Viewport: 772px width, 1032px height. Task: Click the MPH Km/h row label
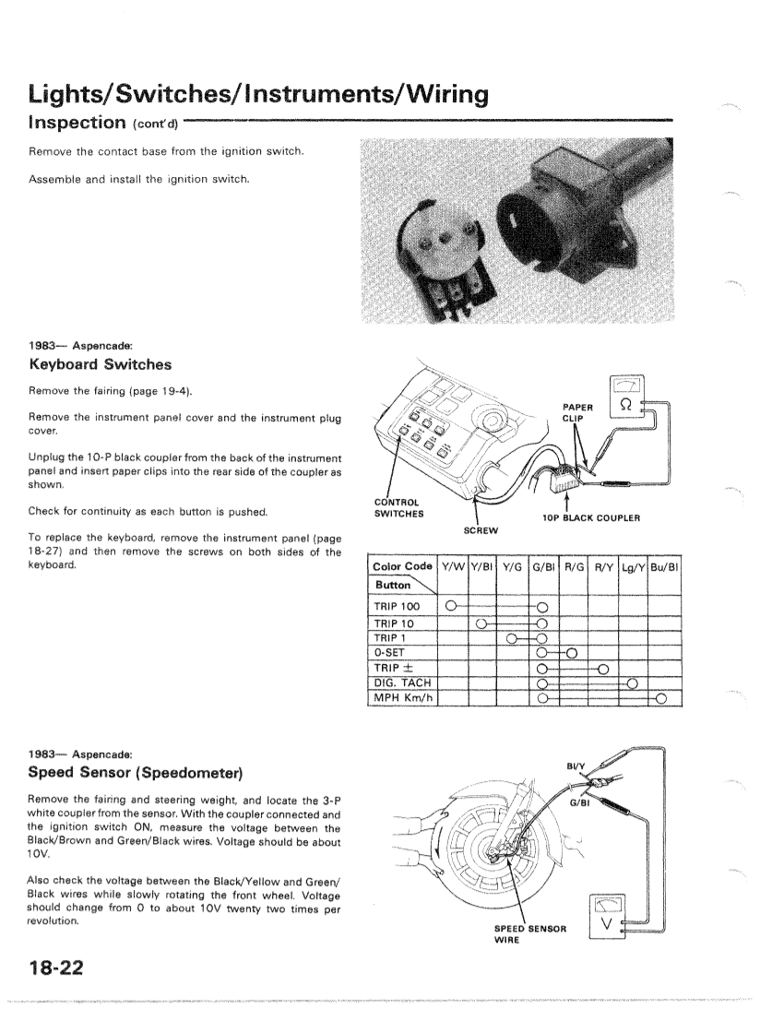[x=402, y=697]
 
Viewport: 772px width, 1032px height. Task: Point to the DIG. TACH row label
[x=402, y=682]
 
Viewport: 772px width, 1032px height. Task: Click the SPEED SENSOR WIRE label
[x=529, y=932]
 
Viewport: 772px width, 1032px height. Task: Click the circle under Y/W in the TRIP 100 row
[x=450, y=606]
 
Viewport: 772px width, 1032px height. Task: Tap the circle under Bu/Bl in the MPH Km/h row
[x=660, y=698]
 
